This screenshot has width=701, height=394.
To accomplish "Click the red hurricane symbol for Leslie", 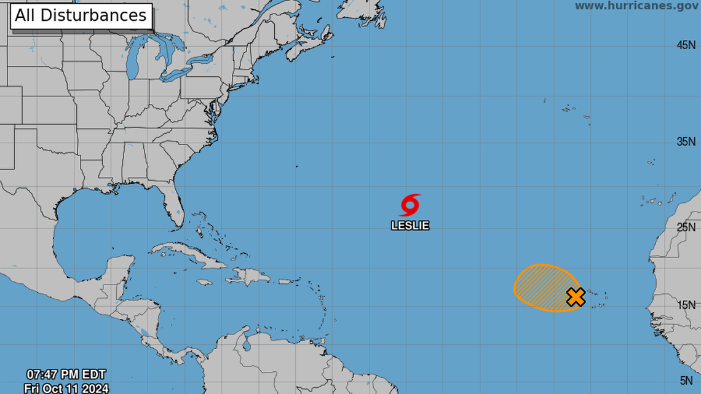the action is (x=410, y=205).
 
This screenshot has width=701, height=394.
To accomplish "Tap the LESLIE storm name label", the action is (x=410, y=226).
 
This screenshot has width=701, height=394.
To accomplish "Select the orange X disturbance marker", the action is (x=576, y=297).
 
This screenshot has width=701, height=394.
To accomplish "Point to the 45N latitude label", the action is (x=686, y=45).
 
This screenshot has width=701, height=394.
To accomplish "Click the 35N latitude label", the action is (x=686, y=142).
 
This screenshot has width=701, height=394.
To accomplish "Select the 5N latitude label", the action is (x=688, y=380).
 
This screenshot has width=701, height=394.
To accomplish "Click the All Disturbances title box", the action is (x=81, y=15).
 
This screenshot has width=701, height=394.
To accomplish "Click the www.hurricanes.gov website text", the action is (x=637, y=6).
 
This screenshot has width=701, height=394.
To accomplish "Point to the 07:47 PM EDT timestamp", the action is (x=66, y=374).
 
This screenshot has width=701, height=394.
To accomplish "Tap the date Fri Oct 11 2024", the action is (x=66, y=388).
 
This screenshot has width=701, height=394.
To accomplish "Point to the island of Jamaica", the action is (x=205, y=283).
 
